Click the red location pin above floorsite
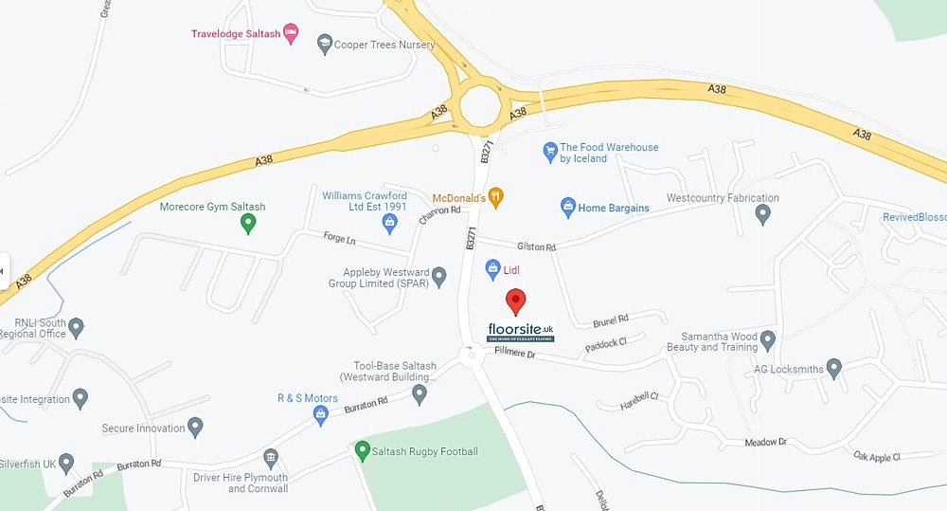click(x=515, y=301)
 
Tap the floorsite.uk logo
click(x=520, y=332)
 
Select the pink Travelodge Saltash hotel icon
click(x=291, y=33)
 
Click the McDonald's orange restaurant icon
click(x=495, y=197)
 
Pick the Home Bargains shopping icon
click(x=567, y=207)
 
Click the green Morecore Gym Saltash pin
click(x=248, y=224)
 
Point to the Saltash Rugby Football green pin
click(x=361, y=451)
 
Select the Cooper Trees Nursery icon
click(x=325, y=44)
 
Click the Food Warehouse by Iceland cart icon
click(x=549, y=150)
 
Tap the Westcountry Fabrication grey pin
click(x=763, y=214)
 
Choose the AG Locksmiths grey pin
click(x=833, y=368)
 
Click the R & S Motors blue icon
click(x=320, y=413)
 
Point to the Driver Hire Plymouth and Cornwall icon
click(x=271, y=460)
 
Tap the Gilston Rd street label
click(x=537, y=246)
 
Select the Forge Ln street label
click(x=338, y=237)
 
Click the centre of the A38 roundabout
click(x=479, y=103)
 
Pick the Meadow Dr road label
click(x=765, y=442)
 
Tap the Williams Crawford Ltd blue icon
click(x=389, y=224)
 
